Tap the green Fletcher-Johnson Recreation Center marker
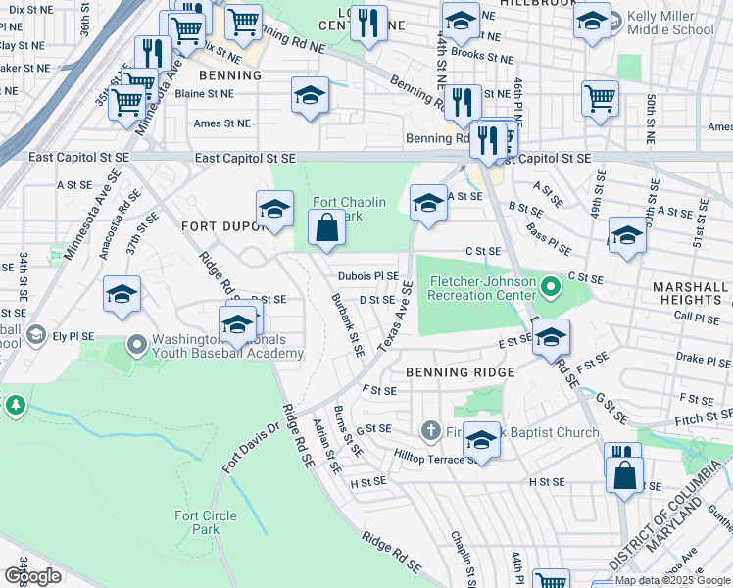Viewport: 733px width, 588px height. click(551, 287)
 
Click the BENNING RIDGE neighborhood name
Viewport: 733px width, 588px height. click(460, 373)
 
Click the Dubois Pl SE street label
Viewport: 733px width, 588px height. click(368, 277)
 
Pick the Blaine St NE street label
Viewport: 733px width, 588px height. click(205, 94)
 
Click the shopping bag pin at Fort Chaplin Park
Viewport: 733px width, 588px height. click(327, 228)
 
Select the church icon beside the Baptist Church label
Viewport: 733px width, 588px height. click(429, 431)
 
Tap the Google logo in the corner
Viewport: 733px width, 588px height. click(32, 576)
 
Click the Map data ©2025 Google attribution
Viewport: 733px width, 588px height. click(672, 580)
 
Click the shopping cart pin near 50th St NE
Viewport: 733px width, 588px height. click(600, 97)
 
